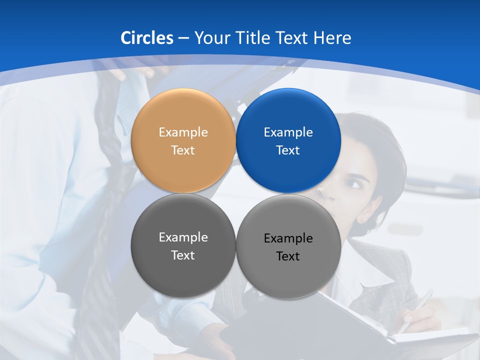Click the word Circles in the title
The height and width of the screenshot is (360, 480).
146,38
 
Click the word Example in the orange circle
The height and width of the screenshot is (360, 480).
183,132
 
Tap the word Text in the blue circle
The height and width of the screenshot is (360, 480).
288,150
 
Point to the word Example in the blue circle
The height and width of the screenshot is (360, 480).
288,132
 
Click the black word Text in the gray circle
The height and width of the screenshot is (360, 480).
288,256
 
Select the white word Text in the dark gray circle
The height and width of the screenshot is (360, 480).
183,255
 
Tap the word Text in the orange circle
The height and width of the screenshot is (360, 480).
183,150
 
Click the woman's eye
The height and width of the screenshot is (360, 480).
356,184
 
